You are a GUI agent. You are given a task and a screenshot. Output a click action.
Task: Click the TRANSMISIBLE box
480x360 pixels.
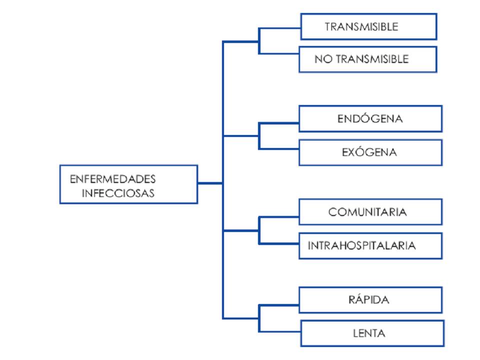click(368, 26)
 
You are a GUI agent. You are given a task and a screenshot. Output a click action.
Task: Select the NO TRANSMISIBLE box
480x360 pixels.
click(368, 59)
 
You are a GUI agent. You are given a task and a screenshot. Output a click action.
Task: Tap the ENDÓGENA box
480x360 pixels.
click(370, 118)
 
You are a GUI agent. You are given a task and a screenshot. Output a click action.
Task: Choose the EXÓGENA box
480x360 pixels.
click(370, 152)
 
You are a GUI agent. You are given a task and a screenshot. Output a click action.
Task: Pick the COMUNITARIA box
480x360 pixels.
click(370, 212)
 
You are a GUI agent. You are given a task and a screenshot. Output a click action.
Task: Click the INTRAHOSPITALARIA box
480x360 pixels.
click(370, 245)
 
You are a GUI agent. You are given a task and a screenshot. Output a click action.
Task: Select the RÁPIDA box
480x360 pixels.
click(370, 300)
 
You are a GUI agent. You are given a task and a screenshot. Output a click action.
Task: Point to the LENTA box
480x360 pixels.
click(370, 332)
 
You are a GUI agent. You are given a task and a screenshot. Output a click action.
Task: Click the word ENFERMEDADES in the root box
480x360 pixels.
click(112, 178)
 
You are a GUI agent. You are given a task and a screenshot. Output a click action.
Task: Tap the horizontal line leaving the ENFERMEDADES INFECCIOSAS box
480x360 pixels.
click(210, 183)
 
